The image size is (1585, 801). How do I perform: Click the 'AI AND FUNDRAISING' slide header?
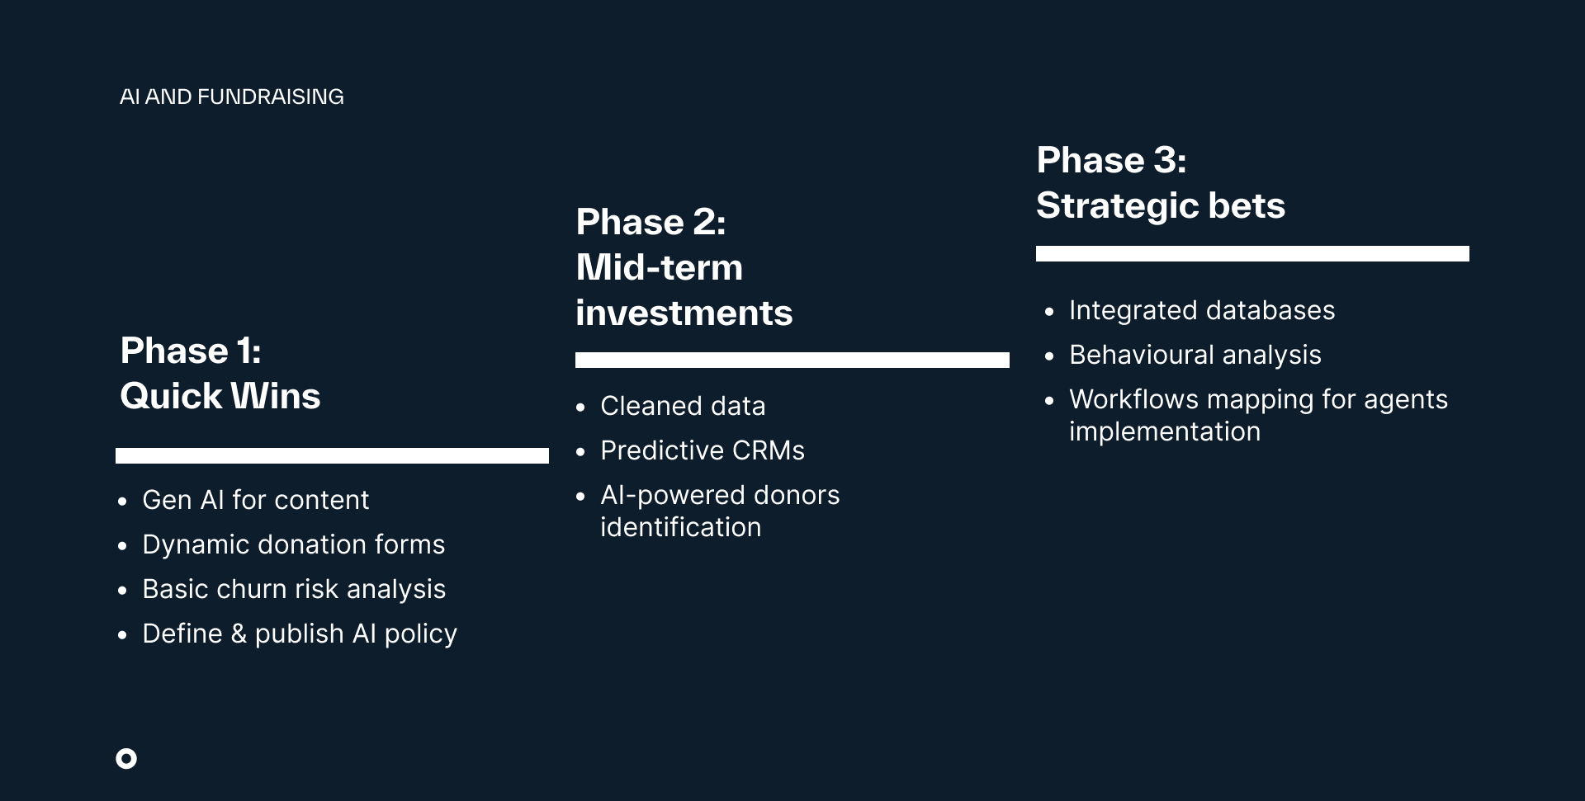coord(232,97)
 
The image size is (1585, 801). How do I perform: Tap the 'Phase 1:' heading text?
coord(191,351)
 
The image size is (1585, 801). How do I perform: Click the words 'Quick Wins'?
coord(220,396)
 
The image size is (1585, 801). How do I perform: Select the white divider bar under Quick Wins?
coord(332,455)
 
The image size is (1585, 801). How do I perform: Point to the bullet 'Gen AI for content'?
coord(256,500)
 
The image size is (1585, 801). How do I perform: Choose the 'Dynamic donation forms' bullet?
coord(294,544)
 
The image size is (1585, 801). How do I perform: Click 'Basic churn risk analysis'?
coord(294,589)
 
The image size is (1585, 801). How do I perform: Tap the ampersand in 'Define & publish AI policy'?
coord(239,634)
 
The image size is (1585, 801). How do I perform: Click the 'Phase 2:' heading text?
coord(651,222)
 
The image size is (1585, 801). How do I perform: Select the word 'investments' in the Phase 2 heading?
coord(684,313)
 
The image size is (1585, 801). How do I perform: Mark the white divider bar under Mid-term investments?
coord(792,360)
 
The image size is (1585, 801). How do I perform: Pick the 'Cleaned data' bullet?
coord(683,406)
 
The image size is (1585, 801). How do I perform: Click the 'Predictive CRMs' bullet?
coord(703,450)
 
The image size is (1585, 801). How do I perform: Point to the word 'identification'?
coord(681,527)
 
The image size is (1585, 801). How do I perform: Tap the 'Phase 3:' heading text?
coord(1111,160)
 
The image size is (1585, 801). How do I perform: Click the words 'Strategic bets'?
coord(1161,205)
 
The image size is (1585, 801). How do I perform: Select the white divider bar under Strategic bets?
coord(1252,254)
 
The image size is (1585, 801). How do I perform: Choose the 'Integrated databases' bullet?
coord(1202,310)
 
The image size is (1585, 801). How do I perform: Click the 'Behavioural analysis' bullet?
coord(1195,355)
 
